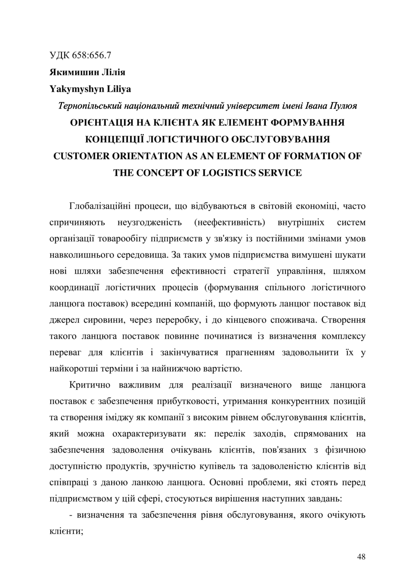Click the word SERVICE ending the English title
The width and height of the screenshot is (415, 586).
[279, 172]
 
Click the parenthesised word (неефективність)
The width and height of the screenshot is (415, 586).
[229, 222]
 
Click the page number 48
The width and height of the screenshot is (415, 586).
[361, 557]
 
